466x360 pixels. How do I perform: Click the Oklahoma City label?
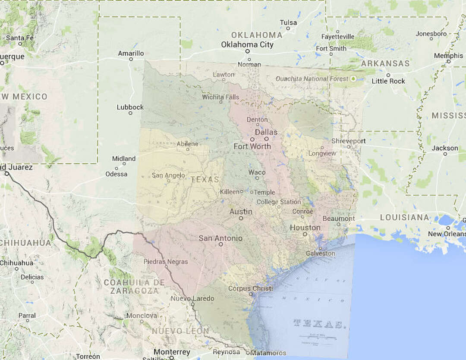coord(247,44)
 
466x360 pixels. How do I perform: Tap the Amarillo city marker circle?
coord(131,59)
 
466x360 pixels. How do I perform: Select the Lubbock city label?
coord(130,107)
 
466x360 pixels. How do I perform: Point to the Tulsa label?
coord(288,22)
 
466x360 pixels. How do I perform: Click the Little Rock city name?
coord(388,81)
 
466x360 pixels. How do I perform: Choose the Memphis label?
coord(448,56)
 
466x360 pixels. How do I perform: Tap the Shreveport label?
coord(348,141)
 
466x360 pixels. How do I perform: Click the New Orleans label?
coord(447,234)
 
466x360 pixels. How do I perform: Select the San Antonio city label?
coord(220,238)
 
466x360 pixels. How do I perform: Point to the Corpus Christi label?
coord(250,288)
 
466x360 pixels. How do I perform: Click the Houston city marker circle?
coord(305,234)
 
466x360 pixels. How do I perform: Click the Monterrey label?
coord(172,352)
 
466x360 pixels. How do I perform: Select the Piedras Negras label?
coord(166,262)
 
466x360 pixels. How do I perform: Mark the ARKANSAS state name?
coord(385,63)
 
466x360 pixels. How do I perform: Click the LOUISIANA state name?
coord(404,218)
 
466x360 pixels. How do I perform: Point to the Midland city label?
coord(124,159)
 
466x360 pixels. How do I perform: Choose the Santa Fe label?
coord(19,38)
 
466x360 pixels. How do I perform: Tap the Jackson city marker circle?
coord(444,155)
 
